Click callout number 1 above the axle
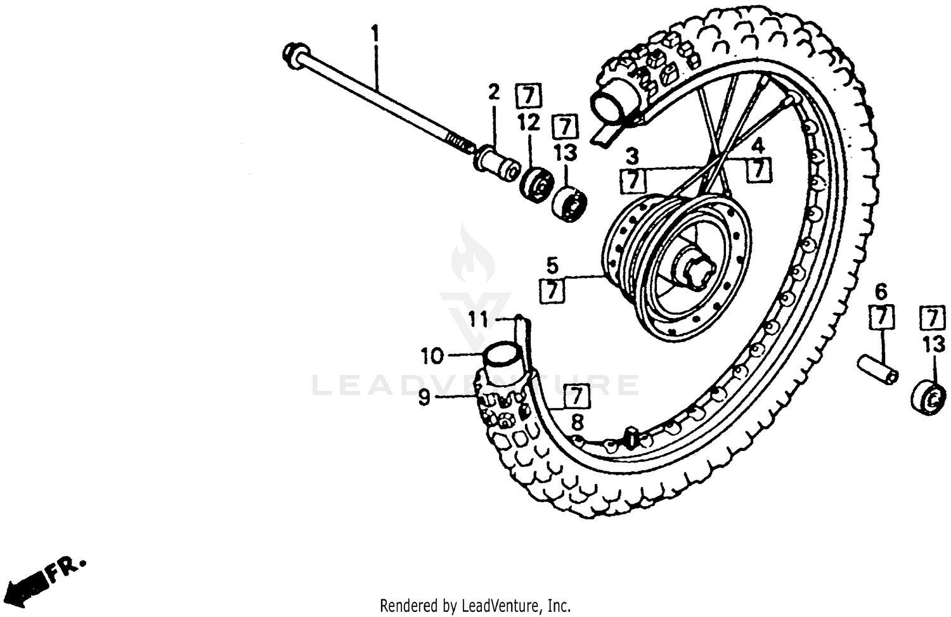coord(375,32)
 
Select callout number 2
coord(494,92)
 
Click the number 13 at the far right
coord(933,345)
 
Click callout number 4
coord(758,146)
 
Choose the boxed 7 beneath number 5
coord(553,291)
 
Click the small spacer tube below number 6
coord(877,369)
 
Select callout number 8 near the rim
coord(576,421)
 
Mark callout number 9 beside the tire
coord(424,397)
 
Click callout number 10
coord(432,356)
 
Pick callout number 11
coord(479,320)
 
